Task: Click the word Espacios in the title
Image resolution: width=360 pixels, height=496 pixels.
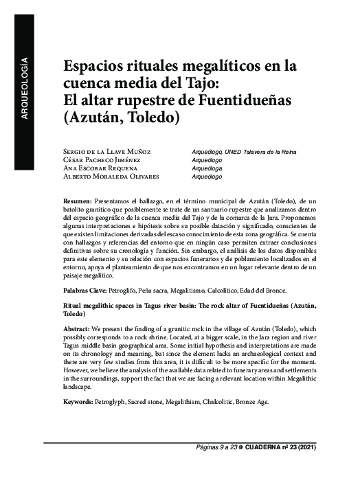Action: [x=95, y=68]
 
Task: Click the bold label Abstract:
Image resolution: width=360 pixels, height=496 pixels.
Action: [x=79, y=330]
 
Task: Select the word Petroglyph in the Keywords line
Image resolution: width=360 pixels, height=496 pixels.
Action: [x=119, y=401]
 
